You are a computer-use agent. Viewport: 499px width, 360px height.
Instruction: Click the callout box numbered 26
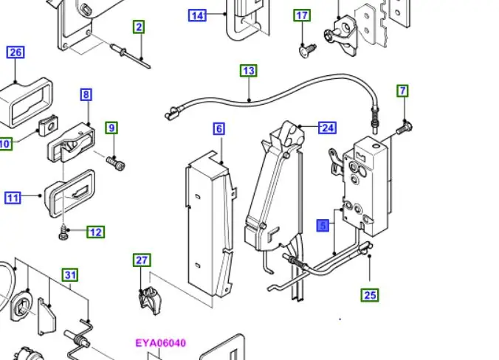pyautogui.click(x=16, y=52)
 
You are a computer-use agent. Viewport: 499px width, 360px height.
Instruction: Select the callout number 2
pyautogui.click(x=139, y=27)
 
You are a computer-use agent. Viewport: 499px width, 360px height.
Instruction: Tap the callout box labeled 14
pyautogui.click(x=197, y=15)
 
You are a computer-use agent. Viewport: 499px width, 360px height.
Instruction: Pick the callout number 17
pyautogui.click(x=302, y=15)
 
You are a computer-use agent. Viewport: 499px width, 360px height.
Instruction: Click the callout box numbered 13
pyautogui.click(x=249, y=71)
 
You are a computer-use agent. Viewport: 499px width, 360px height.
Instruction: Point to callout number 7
pyautogui.click(x=402, y=91)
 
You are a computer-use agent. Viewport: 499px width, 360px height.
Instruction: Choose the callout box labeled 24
pyautogui.click(x=328, y=128)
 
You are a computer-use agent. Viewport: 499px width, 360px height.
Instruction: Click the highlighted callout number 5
pyautogui.click(x=323, y=226)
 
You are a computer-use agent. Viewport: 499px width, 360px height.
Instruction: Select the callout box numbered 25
pyautogui.click(x=370, y=295)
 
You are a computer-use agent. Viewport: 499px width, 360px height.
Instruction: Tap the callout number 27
pyautogui.click(x=142, y=260)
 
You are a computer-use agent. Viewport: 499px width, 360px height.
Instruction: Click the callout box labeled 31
pyautogui.click(x=70, y=274)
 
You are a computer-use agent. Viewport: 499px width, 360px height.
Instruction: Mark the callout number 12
pyautogui.click(x=96, y=232)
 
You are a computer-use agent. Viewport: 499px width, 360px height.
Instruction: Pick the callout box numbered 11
pyautogui.click(x=13, y=198)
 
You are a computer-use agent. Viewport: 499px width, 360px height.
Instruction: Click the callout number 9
pyautogui.click(x=111, y=128)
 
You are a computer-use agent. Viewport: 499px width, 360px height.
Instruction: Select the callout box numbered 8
pyautogui.click(x=86, y=94)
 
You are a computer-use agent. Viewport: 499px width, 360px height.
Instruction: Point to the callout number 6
pyautogui.click(x=219, y=129)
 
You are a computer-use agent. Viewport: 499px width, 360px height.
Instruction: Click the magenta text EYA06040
pyautogui.click(x=161, y=343)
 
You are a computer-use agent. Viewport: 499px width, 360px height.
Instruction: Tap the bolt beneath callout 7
pyautogui.click(x=405, y=128)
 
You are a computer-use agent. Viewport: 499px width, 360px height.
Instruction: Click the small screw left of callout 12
pyautogui.click(x=63, y=233)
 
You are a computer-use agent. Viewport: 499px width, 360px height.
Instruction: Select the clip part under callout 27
pyautogui.click(x=150, y=300)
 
